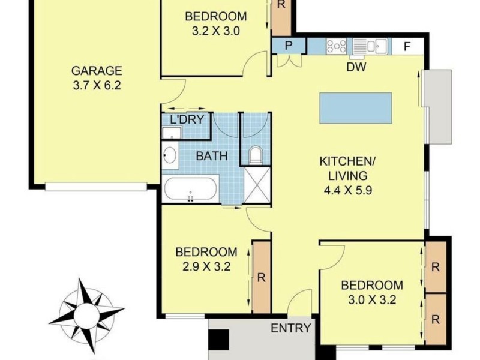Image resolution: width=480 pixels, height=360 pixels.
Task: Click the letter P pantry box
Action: [x=289, y=46]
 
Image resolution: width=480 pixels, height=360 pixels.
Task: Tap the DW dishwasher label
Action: [x=356, y=66]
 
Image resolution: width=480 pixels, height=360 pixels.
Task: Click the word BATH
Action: [x=212, y=156]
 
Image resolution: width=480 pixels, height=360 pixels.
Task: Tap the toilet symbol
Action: [x=256, y=155]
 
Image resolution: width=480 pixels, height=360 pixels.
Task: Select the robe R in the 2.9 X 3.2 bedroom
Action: [x=261, y=277]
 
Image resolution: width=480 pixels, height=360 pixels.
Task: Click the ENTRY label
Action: [x=291, y=328]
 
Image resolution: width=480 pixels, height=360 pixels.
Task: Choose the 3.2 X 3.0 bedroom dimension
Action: [x=215, y=31]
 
